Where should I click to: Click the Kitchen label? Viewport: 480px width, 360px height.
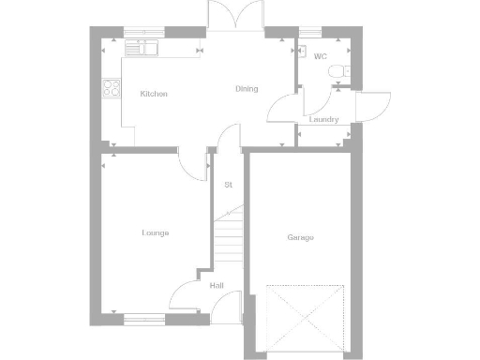pos(154,94)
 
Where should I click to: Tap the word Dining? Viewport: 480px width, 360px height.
pos(246,89)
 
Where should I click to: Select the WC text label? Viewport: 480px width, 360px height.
pos(321,56)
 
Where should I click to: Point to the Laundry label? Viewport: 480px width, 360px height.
pos(323,120)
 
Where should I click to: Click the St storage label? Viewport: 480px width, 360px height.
pos(228,184)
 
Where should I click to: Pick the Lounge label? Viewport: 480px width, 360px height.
pos(155,232)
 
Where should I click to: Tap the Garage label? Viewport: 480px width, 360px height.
pos(300,237)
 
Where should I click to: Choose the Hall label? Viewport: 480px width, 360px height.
pos(217,285)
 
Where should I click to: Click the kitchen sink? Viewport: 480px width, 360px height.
pos(142,43)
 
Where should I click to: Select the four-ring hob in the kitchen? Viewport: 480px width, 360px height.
pos(112,89)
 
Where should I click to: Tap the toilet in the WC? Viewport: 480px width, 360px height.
pos(343,71)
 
